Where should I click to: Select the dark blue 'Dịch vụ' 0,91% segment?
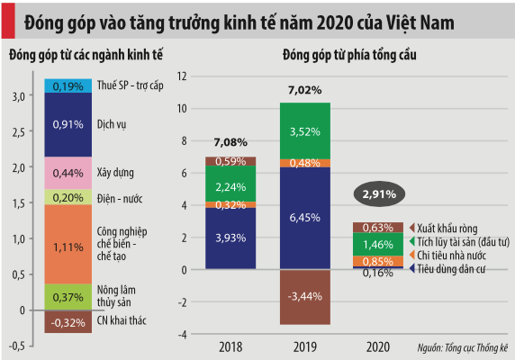pos(69,125)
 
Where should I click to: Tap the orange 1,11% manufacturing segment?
pos(69,245)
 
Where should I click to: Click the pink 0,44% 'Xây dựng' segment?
pos(69,173)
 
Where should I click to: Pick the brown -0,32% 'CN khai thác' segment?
pos(69,321)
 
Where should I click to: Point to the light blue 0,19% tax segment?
pos(69,86)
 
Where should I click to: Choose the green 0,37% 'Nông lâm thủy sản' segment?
pos(69,297)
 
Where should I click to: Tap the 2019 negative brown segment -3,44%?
pos(304,296)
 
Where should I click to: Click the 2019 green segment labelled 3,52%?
pos(304,130)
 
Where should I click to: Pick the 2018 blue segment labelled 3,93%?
pos(230,238)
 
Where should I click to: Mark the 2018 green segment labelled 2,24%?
pos(230,186)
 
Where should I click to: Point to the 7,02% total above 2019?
pos(304,90)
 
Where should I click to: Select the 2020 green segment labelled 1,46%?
pos(377,244)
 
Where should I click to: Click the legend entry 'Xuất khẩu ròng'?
pos(450,228)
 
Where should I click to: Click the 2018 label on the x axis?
pos(230,346)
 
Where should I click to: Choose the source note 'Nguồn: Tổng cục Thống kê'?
pos(463,346)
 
